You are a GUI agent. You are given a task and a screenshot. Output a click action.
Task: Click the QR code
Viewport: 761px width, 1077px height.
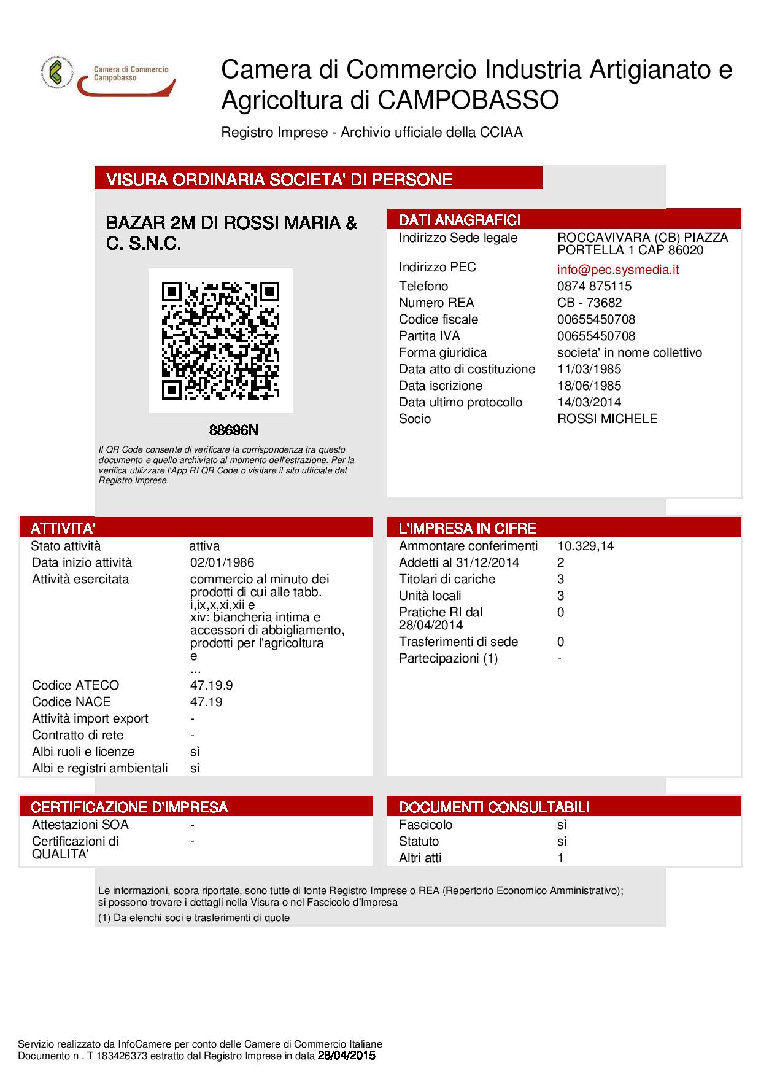(220, 341)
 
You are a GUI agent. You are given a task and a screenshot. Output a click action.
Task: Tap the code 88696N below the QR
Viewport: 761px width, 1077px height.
(229, 430)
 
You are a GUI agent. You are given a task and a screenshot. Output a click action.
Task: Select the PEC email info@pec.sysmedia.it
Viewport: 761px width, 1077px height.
(618, 270)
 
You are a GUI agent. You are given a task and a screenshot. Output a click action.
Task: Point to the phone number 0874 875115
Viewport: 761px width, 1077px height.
(594, 286)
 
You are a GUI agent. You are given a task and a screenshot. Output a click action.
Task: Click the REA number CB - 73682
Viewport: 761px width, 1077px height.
(589, 303)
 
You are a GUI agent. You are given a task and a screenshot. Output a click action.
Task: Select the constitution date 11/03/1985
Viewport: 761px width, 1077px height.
(589, 369)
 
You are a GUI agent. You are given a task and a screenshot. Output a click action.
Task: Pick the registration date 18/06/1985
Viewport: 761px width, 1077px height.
(589, 386)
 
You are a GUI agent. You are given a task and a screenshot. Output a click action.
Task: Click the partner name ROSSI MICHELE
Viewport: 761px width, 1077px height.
(607, 419)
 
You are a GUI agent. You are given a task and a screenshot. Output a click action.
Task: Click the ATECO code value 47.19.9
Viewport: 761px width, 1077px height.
(211, 685)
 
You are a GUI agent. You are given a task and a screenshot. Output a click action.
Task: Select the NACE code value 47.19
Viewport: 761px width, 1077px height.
(206, 702)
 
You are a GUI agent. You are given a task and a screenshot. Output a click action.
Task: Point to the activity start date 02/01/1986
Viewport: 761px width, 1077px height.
(222, 562)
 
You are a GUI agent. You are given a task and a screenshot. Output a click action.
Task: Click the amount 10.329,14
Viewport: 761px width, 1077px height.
(585, 546)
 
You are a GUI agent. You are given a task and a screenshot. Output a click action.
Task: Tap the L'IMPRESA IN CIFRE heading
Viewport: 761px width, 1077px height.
(468, 528)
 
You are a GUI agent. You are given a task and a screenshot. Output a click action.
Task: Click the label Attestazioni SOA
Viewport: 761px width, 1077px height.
(80, 825)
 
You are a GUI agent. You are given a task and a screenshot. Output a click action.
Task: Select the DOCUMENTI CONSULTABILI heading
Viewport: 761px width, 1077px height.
(494, 807)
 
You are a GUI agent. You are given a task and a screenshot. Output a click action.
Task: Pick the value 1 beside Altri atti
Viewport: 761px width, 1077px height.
(560, 858)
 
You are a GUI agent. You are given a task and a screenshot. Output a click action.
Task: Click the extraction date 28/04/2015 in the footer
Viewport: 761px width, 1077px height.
(346, 1056)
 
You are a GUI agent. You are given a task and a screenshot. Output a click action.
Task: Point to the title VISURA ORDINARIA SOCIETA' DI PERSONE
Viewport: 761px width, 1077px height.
(279, 179)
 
